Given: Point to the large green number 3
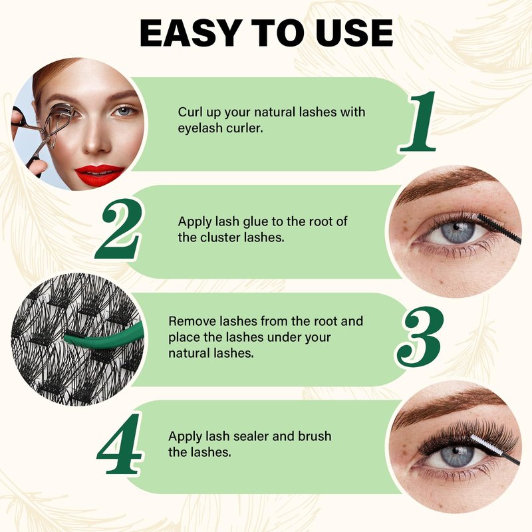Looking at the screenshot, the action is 420,336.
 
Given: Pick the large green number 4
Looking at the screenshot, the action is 120,444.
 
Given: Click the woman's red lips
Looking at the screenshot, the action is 98,174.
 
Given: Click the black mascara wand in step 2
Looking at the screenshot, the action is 498,228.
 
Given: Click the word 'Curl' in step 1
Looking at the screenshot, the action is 190,112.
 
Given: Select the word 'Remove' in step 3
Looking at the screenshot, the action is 192,321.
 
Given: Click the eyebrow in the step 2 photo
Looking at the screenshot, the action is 444,184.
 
